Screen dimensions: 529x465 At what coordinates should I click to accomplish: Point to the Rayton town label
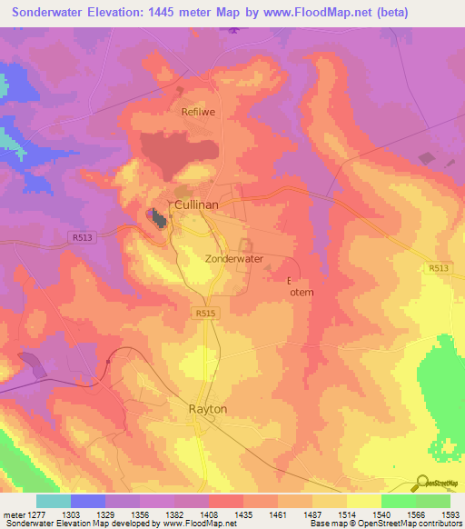[207, 409]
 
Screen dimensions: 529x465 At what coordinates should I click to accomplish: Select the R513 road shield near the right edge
[440, 268]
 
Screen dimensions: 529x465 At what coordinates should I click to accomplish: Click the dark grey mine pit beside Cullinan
[158, 217]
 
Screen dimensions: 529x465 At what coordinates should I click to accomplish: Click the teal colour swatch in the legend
[53, 501]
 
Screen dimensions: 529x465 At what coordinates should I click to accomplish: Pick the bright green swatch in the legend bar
[398, 501]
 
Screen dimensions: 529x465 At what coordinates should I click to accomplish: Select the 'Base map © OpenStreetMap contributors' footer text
[385, 524]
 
